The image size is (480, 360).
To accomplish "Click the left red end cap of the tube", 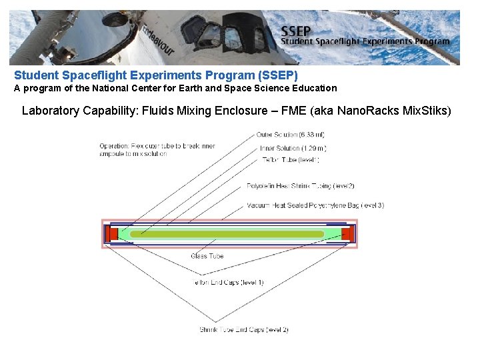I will pos(113,234).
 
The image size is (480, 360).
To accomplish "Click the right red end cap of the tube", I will pos(347,234).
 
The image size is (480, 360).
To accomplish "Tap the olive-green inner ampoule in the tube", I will pos(227,234).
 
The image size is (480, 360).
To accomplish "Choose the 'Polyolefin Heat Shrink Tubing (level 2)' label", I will pos(301,186).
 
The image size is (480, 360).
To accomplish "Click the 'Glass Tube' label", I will pos(207,256).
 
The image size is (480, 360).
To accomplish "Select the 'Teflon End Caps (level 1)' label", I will pos(229,283).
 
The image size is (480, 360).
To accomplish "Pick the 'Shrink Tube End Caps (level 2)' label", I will pos(243,330).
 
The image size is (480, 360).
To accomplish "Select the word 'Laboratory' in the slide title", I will pos(51,111).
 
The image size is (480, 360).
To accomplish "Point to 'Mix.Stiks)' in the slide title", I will pos(427,111).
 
